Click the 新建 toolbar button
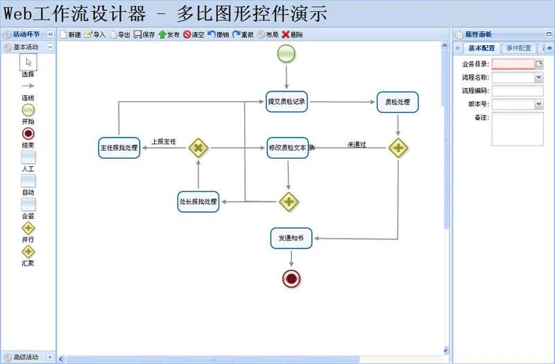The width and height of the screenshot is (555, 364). [71, 34]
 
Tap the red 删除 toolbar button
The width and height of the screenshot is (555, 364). [292, 34]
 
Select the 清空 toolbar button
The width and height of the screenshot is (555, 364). [194, 34]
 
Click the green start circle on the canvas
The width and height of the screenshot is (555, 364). [286, 53]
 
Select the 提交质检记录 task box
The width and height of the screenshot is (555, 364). [287, 102]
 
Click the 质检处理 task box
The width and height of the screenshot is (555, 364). [398, 102]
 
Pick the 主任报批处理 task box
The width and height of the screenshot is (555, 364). [119, 147]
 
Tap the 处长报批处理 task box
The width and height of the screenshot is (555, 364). [198, 202]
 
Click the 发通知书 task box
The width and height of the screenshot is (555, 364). [291, 238]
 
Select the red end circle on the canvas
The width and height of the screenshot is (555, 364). [291, 279]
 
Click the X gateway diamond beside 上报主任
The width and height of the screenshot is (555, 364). [198, 147]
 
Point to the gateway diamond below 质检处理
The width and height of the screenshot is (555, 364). [398, 147]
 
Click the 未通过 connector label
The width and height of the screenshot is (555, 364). [357, 145]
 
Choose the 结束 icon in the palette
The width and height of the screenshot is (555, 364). [28, 133]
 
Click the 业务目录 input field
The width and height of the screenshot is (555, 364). [513, 64]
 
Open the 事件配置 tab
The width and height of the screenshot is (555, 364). [518, 49]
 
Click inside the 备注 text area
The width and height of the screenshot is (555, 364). [517, 129]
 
